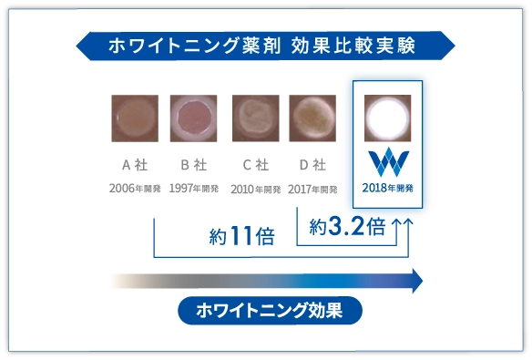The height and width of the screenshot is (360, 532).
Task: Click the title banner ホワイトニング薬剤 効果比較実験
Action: click(x=265, y=46)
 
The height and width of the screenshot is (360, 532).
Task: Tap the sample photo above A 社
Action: click(x=135, y=118)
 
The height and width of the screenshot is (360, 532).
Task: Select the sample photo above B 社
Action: click(x=194, y=118)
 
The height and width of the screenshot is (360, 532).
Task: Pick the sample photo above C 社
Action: click(x=256, y=118)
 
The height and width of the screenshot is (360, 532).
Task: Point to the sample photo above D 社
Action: click(x=312, y=118)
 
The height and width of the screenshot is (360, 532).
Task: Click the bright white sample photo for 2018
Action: click(x=387, y=118)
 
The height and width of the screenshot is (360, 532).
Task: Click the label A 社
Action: click(x=135, y=165)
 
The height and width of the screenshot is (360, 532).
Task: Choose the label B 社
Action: click(x=194, y=165)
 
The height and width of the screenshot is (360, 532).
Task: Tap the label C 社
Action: click(x=256, y=165)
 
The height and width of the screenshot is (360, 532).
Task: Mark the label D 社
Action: click(x=312, y=165)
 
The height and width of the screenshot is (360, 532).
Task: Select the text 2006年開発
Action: click(x=135, y=189)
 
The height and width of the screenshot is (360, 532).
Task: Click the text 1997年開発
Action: click(x=194, y=189)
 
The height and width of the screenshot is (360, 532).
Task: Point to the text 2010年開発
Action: click(x=256, y=190)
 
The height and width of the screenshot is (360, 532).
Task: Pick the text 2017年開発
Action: click(x=312, y=190)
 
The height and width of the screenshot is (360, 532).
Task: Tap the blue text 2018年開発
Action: click(x=387, y=188)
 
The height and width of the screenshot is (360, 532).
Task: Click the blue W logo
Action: click(x=388, y=162)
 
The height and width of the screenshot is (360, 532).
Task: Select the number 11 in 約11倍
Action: click(x=241, y=235)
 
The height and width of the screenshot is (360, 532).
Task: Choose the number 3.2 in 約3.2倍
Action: click(x=346, y=226)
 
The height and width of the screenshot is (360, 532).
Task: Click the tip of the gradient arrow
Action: click(x=423, y=281)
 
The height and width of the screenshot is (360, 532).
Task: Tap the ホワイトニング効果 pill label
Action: click(x=270, y=311)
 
